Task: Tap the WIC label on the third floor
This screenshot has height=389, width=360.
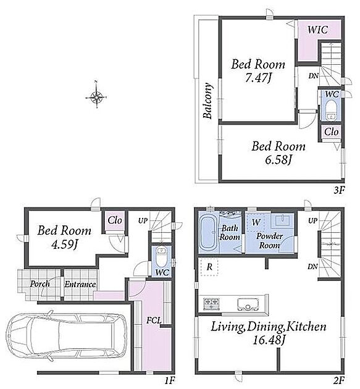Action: (x=317, y=30)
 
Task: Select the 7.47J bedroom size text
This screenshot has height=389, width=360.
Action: (x=258, y=78)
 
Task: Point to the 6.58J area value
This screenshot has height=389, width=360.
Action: (x=278, y=160)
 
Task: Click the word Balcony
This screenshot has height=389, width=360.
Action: (x=207, y=101)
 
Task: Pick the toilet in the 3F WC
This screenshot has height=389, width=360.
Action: (x=330, y=110)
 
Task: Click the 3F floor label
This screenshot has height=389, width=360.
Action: (x=339, y=191)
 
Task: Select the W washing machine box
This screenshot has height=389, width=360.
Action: (x=256, y=222)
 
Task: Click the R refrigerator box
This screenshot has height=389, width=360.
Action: (x=209, y=267)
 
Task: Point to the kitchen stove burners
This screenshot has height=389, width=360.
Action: (x=211, y=303)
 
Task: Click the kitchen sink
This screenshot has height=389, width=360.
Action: (x=248, y=304)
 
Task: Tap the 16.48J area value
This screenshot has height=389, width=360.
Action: (x=268, y=340)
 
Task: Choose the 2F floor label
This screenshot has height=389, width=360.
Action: (x=339, y=380)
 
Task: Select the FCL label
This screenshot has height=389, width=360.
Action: (x=154, y=320)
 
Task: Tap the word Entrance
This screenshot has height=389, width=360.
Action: (x=80, y=284)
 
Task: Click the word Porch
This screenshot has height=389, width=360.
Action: (x=40, y=284)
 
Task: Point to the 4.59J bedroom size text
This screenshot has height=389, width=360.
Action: (x=64, y=245)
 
